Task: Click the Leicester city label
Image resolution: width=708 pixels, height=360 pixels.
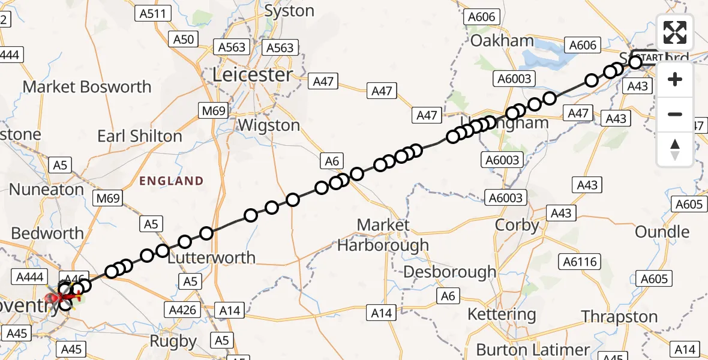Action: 253,75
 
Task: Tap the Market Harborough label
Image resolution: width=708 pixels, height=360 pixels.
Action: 383,235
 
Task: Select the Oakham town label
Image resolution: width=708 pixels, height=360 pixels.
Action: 502,41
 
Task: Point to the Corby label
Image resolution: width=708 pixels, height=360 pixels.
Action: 517,226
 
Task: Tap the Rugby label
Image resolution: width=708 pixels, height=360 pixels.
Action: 173,341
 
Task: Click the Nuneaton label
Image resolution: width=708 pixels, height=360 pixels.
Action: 46,190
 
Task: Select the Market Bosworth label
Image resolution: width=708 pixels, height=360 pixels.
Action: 87,86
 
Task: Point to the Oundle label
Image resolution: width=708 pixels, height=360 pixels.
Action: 662,232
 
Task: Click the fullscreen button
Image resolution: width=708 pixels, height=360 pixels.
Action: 675,32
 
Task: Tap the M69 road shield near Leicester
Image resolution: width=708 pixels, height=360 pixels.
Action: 213,110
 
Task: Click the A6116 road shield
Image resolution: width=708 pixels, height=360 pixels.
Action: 580,261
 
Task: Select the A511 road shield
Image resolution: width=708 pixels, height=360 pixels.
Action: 155,13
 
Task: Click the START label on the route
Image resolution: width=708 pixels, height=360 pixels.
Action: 651,58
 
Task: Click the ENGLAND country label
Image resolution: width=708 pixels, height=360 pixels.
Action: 172,181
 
